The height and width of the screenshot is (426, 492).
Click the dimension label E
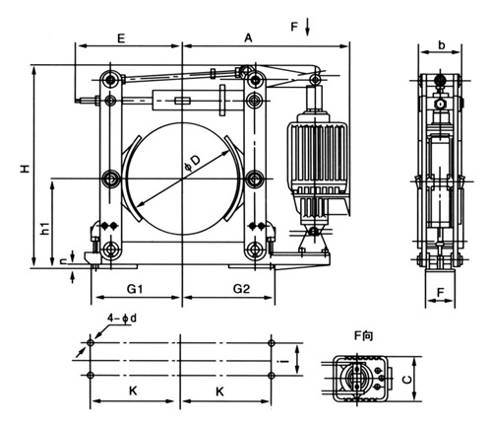point(121,38)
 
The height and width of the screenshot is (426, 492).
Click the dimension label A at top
point(249,38)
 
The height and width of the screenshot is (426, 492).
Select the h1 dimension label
point(45,228)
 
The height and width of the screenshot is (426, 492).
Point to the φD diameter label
point(193,163)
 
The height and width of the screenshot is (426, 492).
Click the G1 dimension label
point(135,289)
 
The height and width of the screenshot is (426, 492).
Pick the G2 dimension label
point(242,289)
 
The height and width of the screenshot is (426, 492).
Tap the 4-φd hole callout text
point(122,319)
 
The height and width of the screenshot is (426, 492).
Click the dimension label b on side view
point(442,45)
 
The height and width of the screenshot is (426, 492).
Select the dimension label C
point(407,380)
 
